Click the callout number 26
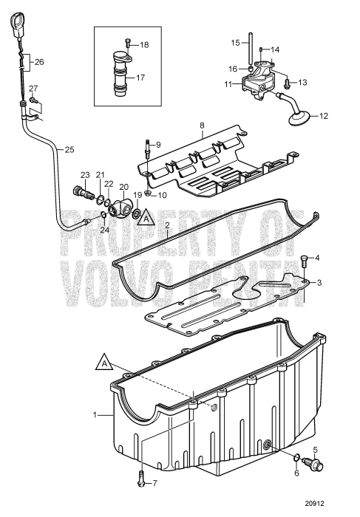coord(39,62)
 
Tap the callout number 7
coord(155,504)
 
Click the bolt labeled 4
coord(305,258)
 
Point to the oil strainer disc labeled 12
coord(299,115)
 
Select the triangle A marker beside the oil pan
coord(106,363)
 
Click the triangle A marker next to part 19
coord(146,219)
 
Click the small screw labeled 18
coord(128,44)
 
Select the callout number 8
coord(201,126)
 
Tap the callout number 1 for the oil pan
coord(95,416)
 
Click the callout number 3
coord(319,283)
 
